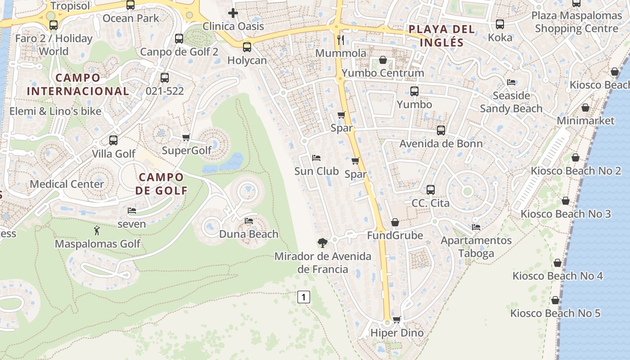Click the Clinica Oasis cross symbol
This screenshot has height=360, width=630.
tap(233, 13)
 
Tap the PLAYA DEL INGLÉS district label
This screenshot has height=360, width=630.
tap(441, 36)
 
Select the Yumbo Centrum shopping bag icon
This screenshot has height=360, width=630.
tap(382, 60)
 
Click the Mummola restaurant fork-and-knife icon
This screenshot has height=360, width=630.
tap(341, 40)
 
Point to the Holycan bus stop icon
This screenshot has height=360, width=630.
tap(247, 47)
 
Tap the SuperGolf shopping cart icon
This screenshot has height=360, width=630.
tap(186, 137)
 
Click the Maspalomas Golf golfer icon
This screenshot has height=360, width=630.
tap(97, 231)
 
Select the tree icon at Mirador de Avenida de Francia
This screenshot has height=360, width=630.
tap(322, 243)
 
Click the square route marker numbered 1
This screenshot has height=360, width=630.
tap(304, 297)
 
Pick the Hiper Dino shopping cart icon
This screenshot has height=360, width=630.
tap(396, 319)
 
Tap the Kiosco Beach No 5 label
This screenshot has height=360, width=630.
tap(555, 313)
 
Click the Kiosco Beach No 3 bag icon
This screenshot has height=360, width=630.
tap(566, 201)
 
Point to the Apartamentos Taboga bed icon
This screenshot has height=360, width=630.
tap(476, 227)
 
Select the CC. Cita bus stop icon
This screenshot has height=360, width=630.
tap(431, 190)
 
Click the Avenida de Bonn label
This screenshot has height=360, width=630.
tap(441, 144)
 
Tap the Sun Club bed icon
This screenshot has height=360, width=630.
tap(316, 158)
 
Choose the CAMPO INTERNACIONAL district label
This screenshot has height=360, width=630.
tap(78, 84)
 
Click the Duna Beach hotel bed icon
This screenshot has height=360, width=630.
tap(249, 221)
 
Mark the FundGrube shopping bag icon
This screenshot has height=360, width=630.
tap(395, 222)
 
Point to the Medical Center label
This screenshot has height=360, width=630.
tap(67, 184)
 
